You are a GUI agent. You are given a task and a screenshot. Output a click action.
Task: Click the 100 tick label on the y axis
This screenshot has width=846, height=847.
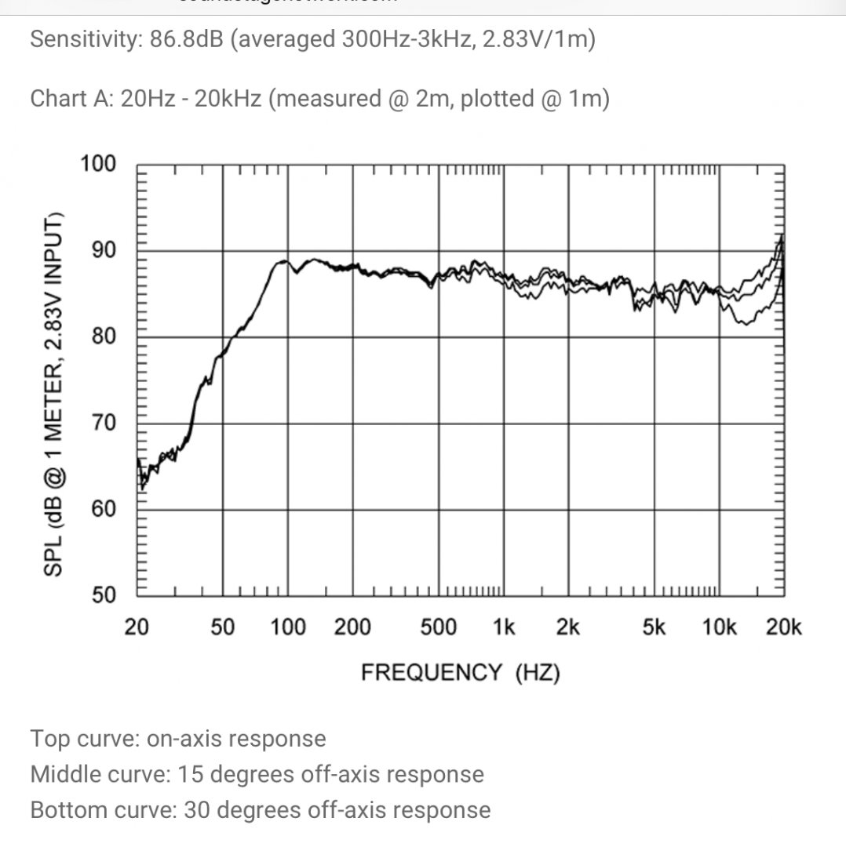(98, 164)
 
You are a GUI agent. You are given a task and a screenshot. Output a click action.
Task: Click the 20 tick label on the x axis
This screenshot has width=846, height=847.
(137, 628)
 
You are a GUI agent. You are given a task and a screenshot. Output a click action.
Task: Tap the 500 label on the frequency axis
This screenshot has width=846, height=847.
(438, 628)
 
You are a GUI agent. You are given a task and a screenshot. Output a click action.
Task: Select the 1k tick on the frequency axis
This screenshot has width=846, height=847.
(503, 628)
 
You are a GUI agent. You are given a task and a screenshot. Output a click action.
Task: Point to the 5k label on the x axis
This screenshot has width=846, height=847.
(654, 628)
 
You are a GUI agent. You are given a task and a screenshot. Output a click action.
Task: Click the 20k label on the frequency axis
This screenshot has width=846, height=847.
(783, 628)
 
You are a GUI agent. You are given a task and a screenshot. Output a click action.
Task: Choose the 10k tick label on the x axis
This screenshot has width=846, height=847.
(719, 628)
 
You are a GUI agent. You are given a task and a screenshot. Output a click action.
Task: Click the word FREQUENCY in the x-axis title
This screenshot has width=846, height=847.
(431, 672)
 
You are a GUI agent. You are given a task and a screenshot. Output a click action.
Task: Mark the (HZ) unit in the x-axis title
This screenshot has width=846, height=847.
(538, 672)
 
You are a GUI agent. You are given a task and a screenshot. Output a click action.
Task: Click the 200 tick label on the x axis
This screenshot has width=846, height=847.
(352, 628)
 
